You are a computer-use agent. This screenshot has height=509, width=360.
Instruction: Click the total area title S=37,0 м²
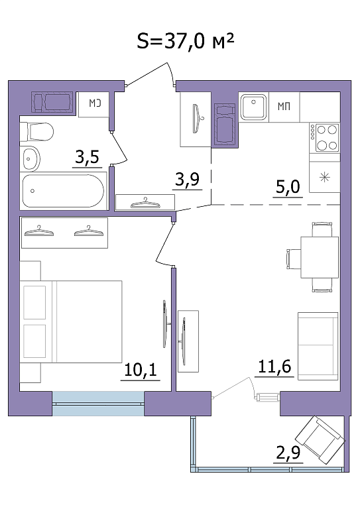coord(186,41)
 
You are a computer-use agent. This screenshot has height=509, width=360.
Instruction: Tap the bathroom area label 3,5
coord(87,158)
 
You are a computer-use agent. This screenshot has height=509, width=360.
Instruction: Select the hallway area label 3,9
coord(188,179)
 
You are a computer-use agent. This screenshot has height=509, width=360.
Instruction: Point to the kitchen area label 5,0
coord(288,188)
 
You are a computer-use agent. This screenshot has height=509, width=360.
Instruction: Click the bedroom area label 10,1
coord(141,370)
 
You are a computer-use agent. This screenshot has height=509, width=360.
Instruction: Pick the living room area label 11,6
coord(274,367)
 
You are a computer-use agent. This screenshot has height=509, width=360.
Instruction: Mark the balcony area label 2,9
coord(288,453)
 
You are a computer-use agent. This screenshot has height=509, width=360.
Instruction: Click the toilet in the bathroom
coord(36,131)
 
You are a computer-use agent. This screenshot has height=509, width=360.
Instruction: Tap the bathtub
coord(63,191)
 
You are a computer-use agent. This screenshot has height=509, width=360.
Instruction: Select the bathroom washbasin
coord(30,159)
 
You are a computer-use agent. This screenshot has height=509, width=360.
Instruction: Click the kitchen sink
coord(253,107)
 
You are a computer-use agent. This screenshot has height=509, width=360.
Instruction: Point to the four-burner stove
coord(325,138)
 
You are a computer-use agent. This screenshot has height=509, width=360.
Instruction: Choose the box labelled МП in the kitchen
coord(284,107)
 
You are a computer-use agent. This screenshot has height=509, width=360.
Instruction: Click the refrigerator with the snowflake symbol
coord(325,177)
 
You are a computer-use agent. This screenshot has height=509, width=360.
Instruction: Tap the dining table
coord(320,257)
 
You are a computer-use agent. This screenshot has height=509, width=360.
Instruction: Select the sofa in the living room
coord(318,346)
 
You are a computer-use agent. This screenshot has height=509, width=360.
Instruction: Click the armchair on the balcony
coord(320,440)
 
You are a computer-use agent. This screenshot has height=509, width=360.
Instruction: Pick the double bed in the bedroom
coord(71,321)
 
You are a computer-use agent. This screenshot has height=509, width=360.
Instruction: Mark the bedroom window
coord(98,404)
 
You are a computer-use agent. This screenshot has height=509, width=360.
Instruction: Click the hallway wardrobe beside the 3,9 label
coord(145,203)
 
